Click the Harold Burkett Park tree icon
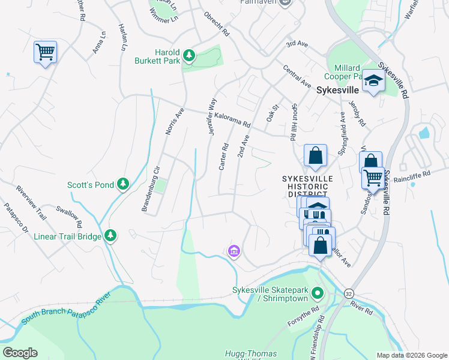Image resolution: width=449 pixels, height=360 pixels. pos(190,56)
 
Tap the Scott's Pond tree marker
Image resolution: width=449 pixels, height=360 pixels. pos(123,184)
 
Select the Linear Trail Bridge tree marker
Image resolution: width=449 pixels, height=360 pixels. pos(110,236)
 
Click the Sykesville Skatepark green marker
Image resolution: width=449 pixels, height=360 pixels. pos(318,294)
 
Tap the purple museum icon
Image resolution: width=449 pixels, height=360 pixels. pos(234,250)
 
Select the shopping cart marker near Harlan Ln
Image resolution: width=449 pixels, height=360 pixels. pos(45,52)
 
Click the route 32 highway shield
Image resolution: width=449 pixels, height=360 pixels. pos(349,293)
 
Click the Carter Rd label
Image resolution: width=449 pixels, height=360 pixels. pos(223,156)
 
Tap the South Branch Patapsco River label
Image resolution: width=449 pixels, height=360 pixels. pos(67,310)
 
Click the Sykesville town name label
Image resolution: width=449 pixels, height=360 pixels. pos(337,90)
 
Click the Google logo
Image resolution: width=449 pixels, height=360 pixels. pos(20,353)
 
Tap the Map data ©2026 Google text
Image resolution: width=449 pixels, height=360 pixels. pos(411,355)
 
